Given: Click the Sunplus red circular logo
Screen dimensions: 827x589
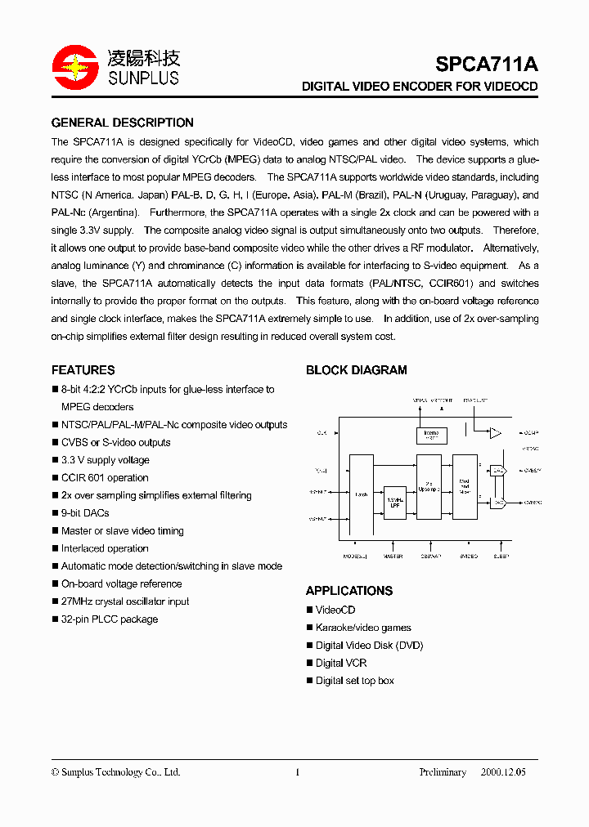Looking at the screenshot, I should pyautogui.click(x=75, y=68).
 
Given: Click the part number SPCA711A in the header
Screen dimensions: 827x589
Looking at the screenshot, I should pyautogui.click(x=486, y=65).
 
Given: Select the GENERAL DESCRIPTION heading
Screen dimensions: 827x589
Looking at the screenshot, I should pyautogui.click(x=123, y=123).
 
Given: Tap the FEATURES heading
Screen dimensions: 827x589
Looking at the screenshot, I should pyautogui.click(x=83, y=370).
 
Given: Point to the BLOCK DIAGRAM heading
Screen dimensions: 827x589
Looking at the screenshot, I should pyautogui.click(x=356, y=370).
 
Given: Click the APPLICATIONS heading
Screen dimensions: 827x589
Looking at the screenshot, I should pyautogui.click(x=349, y=591).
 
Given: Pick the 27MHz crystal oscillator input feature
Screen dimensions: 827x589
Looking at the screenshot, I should pyautogui.click(x=124, y=601).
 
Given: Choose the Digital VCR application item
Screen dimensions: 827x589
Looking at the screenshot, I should pyautogui.click(x=341, y=663).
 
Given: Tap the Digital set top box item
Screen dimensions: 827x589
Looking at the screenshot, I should pyautogui.click(x=355, y=681).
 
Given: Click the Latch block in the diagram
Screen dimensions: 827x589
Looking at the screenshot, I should pyautogui.click(x=362, y=495).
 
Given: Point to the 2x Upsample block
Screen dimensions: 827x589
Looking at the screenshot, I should pyautogui.click(x=428, y=486).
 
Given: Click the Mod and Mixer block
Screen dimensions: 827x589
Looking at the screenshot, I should pyautogui.click(x=465, y=486).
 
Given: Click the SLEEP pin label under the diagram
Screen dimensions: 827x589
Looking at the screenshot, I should pyautogui.click(x=501, y=557).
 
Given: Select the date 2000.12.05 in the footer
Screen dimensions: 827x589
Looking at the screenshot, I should pyautogui.click(x=503, y=772).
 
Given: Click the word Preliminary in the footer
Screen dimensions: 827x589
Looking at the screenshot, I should pyautogui.click(x=443, y=772).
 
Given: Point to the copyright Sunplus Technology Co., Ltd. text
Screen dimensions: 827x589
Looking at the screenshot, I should pyautogui.click(x=115, y=772).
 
